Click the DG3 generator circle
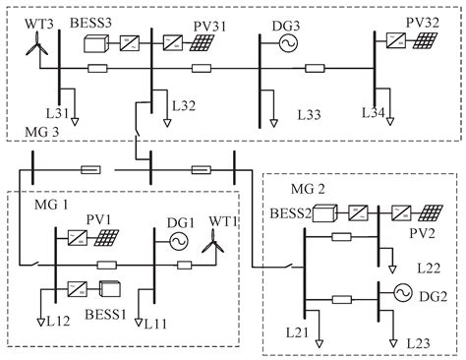pos(289,44)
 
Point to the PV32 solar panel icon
pos(426,41)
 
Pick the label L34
pos(400,111)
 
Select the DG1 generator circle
pos(180,240)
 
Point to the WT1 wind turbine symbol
pos(211,246)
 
